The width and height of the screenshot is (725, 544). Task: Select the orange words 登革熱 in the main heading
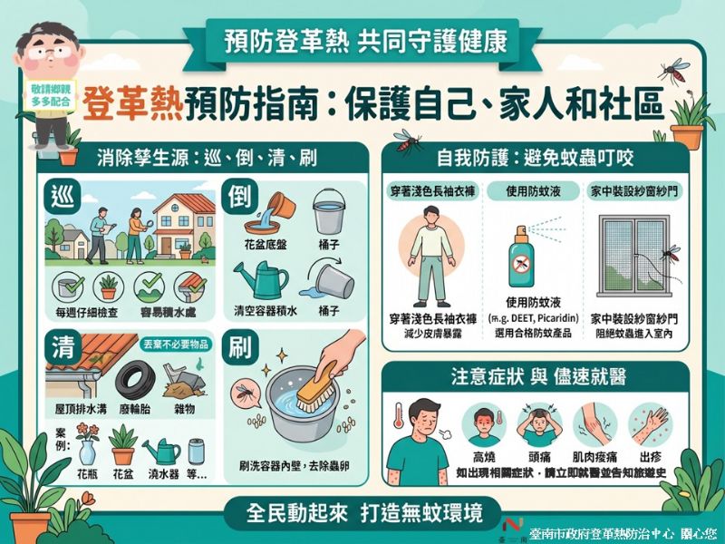pos(131,106)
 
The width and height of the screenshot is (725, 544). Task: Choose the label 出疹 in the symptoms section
pos(652,457)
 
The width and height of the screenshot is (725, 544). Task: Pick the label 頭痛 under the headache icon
pos(540,457)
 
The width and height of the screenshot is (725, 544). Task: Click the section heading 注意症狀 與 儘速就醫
pos(538,374)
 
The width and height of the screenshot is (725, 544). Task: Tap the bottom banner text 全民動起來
pos(298,512)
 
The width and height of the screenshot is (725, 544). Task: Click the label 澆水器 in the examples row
pos(166,474)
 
